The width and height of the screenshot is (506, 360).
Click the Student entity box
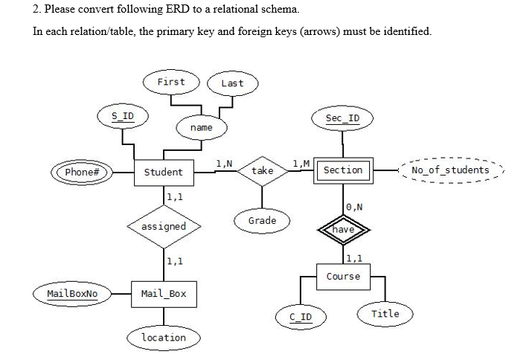click(163, 172)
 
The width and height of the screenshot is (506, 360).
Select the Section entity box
click(342, 170)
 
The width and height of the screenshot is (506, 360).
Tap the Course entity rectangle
click(342, 276)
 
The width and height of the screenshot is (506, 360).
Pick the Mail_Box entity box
click(163, 293)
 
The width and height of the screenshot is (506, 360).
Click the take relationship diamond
click(263, 171)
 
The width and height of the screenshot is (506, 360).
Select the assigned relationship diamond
click(163, 226)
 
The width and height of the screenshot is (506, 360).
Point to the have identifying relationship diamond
click(343, 230)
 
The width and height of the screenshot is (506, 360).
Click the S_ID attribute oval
click(123, 116)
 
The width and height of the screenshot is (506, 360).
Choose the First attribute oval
click(171, 81)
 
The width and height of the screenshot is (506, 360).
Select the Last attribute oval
click(232, 83)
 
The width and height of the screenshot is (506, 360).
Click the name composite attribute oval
click(201, 128)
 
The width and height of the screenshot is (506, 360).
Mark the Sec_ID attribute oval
click(342, 119)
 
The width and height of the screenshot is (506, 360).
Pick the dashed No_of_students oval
click(450, 170)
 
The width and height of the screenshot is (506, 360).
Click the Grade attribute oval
click(262, 220)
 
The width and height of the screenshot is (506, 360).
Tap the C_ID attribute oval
click(301, 318)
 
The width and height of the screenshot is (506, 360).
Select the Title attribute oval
click(385, 313)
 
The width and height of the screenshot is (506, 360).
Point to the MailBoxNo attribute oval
click(72, 293)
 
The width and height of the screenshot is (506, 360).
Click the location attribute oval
click(164, 338)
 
